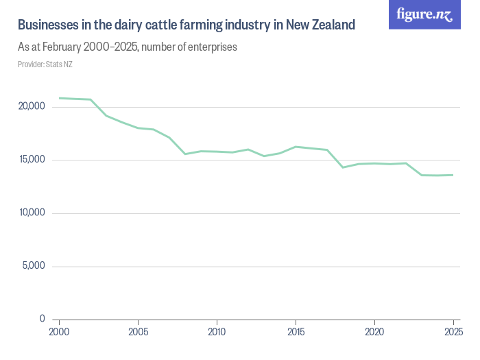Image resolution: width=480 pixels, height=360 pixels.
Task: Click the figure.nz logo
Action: click(x=424, y=14)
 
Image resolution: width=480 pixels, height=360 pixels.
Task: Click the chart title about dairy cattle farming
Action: click(x=186, y=25)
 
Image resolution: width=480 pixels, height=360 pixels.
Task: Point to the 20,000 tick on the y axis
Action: click(x=32, y=107)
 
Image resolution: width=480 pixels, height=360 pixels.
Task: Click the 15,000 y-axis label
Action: click(x=32, y=160)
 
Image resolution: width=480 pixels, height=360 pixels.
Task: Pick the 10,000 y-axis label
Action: click(x=32, y=213)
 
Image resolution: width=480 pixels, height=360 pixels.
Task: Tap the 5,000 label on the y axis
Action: click(x=34, y=266)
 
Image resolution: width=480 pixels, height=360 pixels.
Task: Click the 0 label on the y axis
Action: click(x=42, y=319)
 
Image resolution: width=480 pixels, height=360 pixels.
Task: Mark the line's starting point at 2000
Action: click(x=60, y=98)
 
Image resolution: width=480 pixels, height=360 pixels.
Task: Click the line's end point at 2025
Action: click(x=453, y=175)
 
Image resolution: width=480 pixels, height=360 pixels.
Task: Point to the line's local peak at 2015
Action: click(x=296, y=147)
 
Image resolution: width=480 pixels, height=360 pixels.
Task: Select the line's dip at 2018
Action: click(x=343, y=167)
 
